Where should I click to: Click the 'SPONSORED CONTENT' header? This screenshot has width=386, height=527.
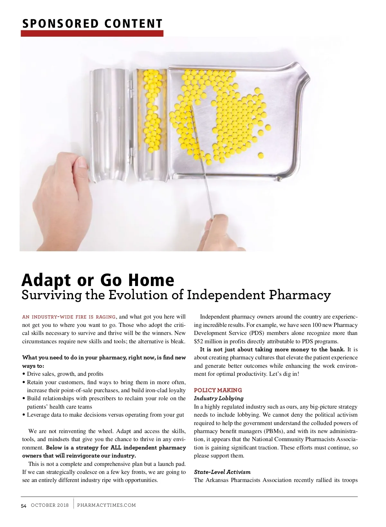92,24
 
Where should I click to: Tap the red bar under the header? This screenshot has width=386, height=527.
92,33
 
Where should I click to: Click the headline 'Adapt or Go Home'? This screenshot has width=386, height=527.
98,280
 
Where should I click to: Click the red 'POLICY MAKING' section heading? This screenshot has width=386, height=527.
218,390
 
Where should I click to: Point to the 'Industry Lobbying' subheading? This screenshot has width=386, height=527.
219,398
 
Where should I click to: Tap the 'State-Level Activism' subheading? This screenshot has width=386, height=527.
222,472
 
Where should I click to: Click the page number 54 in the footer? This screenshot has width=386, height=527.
24,506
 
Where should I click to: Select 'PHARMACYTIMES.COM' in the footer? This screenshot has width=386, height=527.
106,505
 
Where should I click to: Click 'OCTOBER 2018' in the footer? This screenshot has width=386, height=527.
50,505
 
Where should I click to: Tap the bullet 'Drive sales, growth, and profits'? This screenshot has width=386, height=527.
65,374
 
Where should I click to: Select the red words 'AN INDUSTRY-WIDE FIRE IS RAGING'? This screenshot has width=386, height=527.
69,317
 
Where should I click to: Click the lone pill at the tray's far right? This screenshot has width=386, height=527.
268,128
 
